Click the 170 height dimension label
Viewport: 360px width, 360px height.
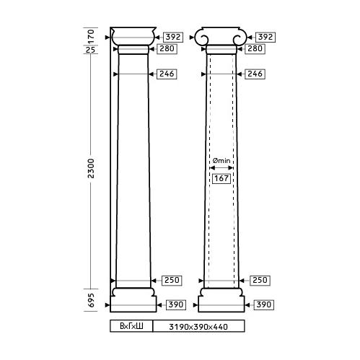[91, 36]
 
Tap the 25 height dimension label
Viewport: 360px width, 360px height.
[91, 50]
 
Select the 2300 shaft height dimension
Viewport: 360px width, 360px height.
[91, 168]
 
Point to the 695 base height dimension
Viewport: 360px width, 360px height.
[91, 300]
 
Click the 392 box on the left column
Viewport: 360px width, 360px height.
[173, 37]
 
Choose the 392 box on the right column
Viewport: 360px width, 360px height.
[265, 37]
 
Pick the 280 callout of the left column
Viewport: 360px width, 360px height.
[167, 49]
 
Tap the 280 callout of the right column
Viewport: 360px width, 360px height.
[255, 49]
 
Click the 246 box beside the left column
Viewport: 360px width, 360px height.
[167, 74]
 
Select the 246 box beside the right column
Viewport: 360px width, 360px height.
[255, 74]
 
